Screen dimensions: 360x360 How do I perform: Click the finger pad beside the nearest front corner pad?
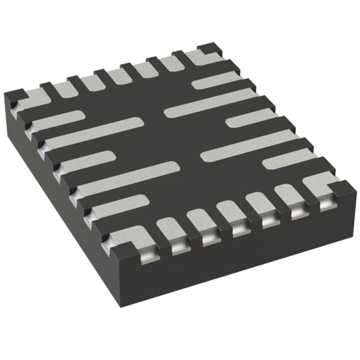pyautogui.click(x=122, y=203)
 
